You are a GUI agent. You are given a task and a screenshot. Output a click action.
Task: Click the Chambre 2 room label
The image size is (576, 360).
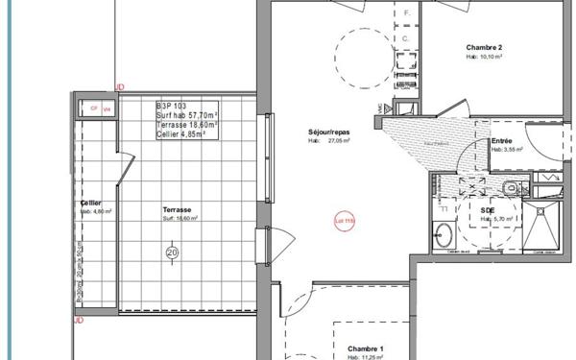pyautogui.click(x=484, y=47)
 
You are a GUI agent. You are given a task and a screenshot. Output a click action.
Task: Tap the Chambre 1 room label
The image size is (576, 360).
pyautogui.click(x=365, y=348)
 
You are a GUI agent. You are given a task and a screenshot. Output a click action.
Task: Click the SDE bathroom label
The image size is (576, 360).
pyautogui.click(x=488, y=208)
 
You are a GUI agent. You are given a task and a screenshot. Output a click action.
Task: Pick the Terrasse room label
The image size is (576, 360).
pyautogui.click(x=177, y=209)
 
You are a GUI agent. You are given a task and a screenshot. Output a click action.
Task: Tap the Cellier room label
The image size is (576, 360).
pyautogui.click(x=91, y=203)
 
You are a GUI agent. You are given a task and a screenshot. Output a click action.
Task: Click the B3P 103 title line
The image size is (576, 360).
pyautogui.click(x=172, y=105)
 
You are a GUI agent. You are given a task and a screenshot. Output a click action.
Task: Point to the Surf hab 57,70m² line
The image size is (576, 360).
pyautogui.click(x=186, y=115)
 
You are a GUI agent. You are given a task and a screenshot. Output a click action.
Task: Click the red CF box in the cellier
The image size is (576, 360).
pyautogui.click(x=94, y=108)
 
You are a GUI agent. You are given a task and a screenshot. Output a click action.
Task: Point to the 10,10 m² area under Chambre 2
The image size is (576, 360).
pyautogui.click(x=485, y=57)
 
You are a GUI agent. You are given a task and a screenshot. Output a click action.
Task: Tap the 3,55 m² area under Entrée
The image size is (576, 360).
pyautogui.click(x=506, y=150)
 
